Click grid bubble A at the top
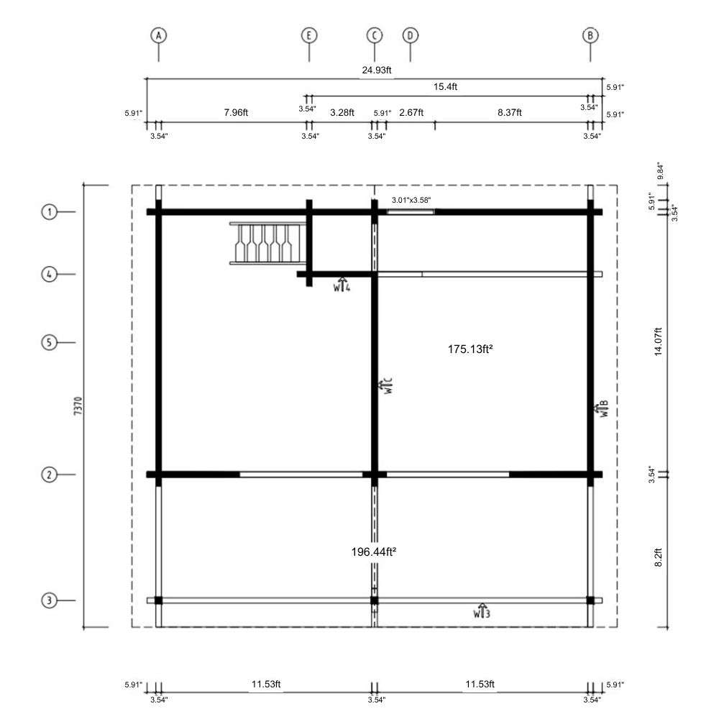pyautogui.click(x=159, y=35)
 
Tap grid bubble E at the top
pyautogui.click(x=309, y=35)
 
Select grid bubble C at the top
pyautogui.click(x=375, y=35)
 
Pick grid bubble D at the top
pyautogui.click(x=411, y=35)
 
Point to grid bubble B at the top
pyautogui.click(x=590, y=35)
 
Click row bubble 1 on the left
pyautogui.click(x=49, y=212)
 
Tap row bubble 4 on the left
pyautogui.click(x=49, y=274)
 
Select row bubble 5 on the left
pyautogui.click(x=49, y=342)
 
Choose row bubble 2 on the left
pyautogui.click(x=49, y=475)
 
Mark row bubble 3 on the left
pyautogui.click(x=49, y=600)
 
